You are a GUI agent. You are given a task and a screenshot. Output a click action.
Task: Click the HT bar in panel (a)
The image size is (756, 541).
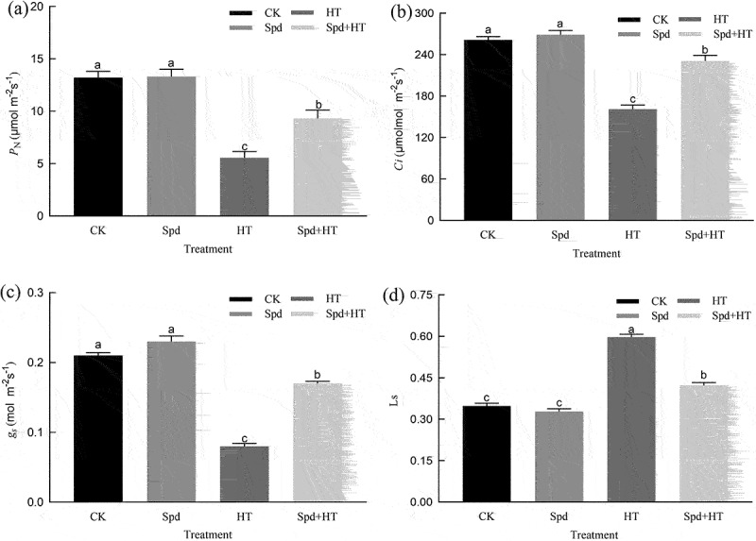(x=245, y=186)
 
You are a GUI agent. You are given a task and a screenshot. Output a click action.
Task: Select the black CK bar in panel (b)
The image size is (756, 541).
(x=488, y=130)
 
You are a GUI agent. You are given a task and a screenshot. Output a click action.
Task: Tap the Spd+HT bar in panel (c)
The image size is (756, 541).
(x=318, y=443)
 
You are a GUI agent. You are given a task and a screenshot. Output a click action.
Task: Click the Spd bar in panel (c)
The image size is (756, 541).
(x=171, y=422)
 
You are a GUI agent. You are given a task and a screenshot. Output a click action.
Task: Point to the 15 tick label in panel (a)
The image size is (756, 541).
(x=38, y=59)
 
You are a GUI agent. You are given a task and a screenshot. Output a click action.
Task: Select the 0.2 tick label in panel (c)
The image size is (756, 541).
(x=37, y=363)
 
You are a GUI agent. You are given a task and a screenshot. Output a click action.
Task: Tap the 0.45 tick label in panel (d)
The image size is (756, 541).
(x=421, y=378)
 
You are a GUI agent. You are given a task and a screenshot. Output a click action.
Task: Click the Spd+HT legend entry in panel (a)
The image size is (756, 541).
(x=328, y=28)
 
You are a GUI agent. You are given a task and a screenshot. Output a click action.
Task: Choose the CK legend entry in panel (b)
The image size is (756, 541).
(x=643, y=20)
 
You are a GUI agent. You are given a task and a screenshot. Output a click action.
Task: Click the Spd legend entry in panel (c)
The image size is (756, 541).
(x=255, y=314)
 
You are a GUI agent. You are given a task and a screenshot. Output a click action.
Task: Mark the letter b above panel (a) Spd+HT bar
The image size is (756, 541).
(x=318, y=105)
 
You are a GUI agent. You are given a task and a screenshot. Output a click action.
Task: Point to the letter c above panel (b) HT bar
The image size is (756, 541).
(x=632, y=100)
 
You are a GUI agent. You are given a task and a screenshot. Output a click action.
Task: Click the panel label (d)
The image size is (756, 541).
(x=396, y=296)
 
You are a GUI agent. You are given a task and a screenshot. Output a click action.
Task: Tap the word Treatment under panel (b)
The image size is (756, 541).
(x=596, y=253)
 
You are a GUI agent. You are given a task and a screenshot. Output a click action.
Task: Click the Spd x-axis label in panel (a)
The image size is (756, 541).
(x=171, y=231)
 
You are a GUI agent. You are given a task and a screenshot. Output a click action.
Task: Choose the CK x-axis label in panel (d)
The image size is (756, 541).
(x=487, y=516)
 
